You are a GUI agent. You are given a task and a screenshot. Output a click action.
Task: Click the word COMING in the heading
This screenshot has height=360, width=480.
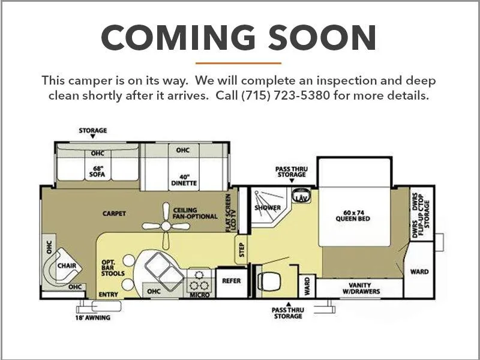pyautogui.click(x=178, y=37)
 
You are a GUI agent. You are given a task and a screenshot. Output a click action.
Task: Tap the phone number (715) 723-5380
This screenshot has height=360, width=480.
pyautogui.click(x=286, y=95)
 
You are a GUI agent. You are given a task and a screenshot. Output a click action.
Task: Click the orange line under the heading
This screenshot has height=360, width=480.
pyautogui.click(x=238, y=64)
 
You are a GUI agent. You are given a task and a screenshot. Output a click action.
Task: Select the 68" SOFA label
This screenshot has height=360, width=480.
pyautogui.click(x=97, y=172)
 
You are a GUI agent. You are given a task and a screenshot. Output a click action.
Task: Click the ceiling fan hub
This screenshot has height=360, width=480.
pyautogui.click(x=166, y=226)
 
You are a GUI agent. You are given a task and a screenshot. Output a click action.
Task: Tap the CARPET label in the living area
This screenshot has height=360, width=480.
pyautogui.click(x=114, y=214)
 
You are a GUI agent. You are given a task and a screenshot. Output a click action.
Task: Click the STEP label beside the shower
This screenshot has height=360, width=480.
pyautogui.click(x=242, y=250)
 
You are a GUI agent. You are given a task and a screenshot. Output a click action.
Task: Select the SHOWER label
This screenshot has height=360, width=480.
pyautogui.click(x=268, y=208)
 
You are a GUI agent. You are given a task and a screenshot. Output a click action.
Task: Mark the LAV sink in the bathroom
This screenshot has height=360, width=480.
pyautogui.click(x=301, y=196)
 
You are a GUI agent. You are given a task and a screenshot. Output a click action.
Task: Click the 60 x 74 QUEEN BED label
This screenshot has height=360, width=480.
pyautogui.click(x=353, y=216)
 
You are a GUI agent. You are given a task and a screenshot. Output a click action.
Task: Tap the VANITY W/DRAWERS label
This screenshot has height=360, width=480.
pyautogui.click(x=361, y=289)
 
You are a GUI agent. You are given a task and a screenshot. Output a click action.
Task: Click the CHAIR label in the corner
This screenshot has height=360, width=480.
pyautogui.click(x=67, y=265)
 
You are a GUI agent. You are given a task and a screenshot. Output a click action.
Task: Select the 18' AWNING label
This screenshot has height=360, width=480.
pyautogui.click(x=93, y=318)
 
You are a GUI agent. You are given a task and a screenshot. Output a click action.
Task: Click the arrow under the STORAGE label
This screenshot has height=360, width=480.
pyautogui.click(x=93, y=137)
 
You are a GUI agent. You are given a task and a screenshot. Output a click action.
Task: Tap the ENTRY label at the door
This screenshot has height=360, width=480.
pyautogui.click(x=108, y=294)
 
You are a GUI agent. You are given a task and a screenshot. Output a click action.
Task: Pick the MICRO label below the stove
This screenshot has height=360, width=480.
pyautogui.click(x=200, y=295)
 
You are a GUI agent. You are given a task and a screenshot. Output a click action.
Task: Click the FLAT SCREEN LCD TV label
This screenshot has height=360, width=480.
pyautogui.click(x=231, y=213)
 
